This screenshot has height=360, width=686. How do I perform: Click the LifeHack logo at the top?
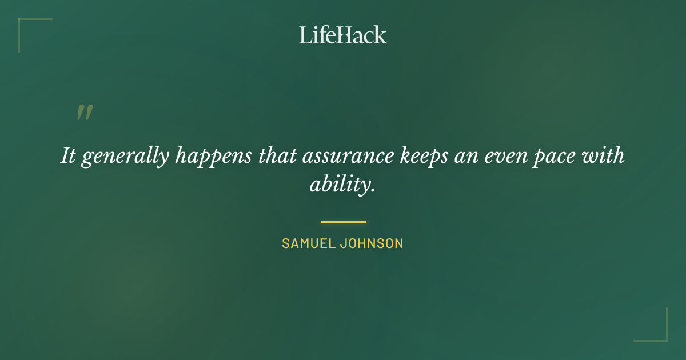(343, 35)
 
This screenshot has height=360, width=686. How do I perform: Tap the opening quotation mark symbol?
(84, 113)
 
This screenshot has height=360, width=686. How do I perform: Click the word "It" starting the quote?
(68, 156)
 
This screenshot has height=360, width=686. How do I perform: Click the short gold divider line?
(343, 222)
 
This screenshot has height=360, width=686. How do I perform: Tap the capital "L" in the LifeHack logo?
(305, 35)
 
